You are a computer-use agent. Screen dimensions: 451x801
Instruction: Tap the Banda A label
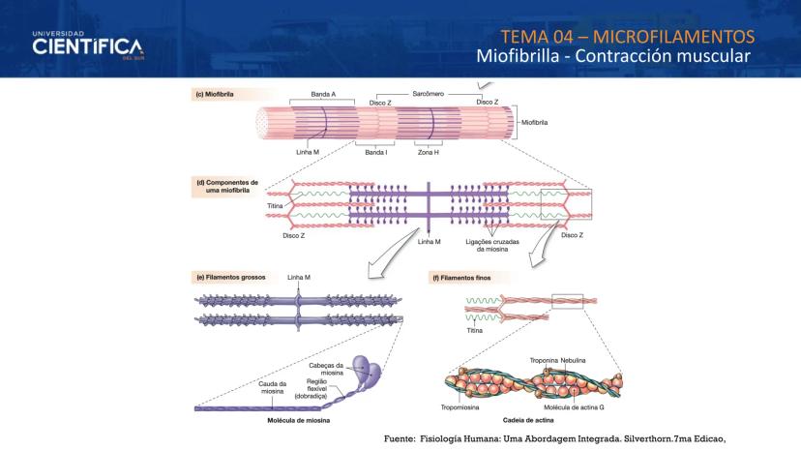tap(323, 94)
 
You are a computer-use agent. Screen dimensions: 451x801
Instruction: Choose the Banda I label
tap(375, 152)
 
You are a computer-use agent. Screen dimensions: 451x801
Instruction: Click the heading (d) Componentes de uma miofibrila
tap(227, 186)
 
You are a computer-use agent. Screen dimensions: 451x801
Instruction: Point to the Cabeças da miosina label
tap(332, 368)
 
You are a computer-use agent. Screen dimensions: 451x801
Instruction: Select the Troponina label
tap(544, 360)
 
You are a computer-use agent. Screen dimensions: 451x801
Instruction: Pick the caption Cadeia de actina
tap(528, 421)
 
